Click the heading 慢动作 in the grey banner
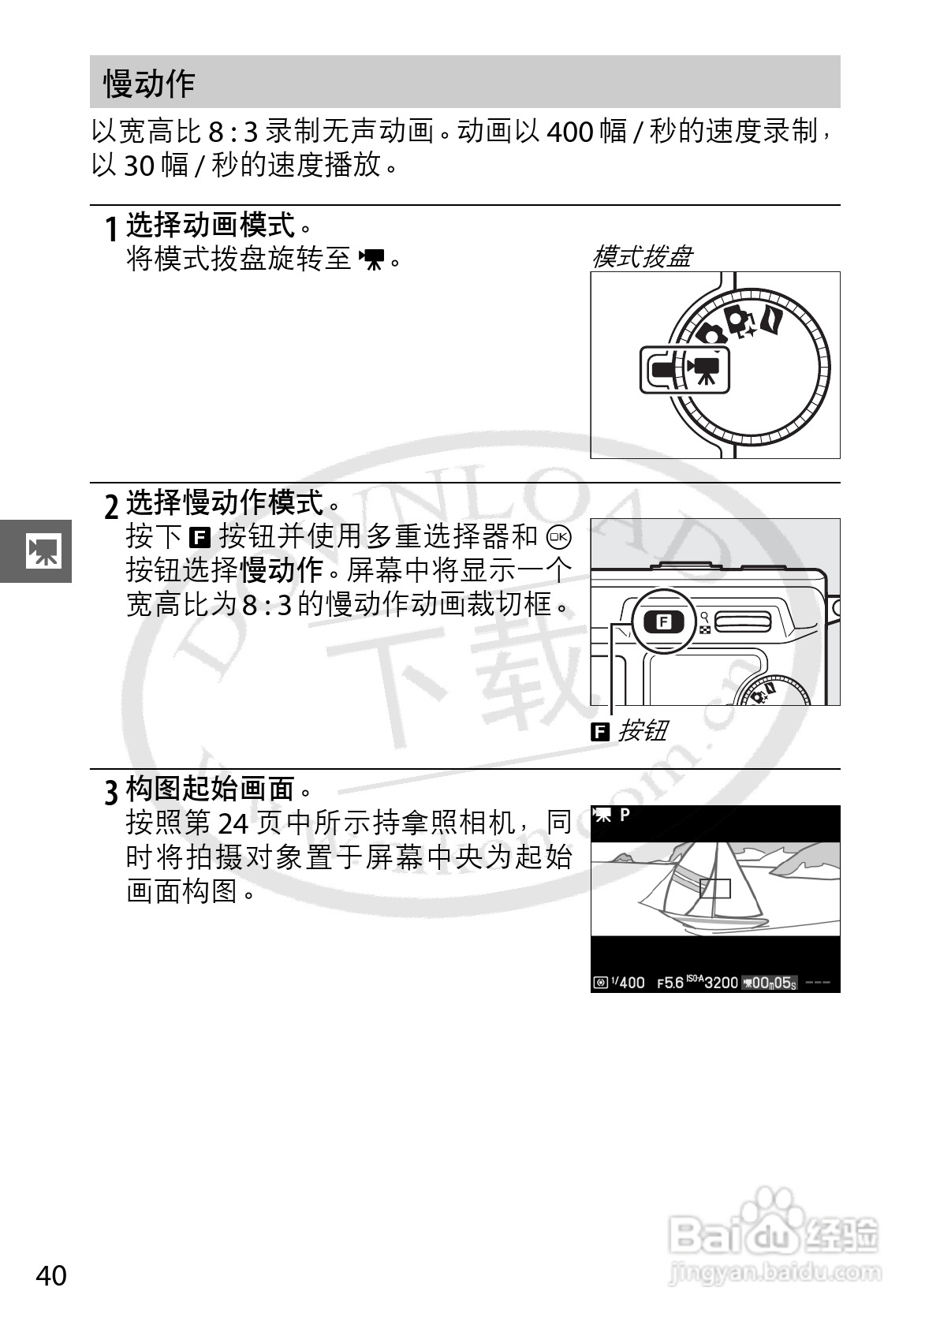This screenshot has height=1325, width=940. (x=149, y=84)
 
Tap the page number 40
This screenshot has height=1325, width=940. (x=51, y=1275)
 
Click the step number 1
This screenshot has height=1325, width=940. (x=112, y=230)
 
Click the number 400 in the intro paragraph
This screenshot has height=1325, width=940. (x=569, y=131)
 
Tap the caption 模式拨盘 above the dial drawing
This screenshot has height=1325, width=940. (x=642, y=257)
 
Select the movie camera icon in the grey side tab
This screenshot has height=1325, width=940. (x=43, y=551)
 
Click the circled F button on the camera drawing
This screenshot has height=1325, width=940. (x=663, y=621)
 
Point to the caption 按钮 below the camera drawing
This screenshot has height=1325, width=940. (x=642, y=730)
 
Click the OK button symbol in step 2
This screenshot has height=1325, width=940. (x=559, y=536)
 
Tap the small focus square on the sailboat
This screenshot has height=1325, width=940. (x=714, y=889)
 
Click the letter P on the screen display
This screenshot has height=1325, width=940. (x=625, y=815)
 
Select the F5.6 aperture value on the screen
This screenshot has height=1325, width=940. (x=670, y=983)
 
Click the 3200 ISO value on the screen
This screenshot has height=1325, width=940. (x=721, y=983)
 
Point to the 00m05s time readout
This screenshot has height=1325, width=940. (x=773, y=983)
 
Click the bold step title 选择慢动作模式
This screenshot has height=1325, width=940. (x=225, y=502)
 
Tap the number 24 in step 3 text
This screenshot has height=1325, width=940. (x=233, y=823)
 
